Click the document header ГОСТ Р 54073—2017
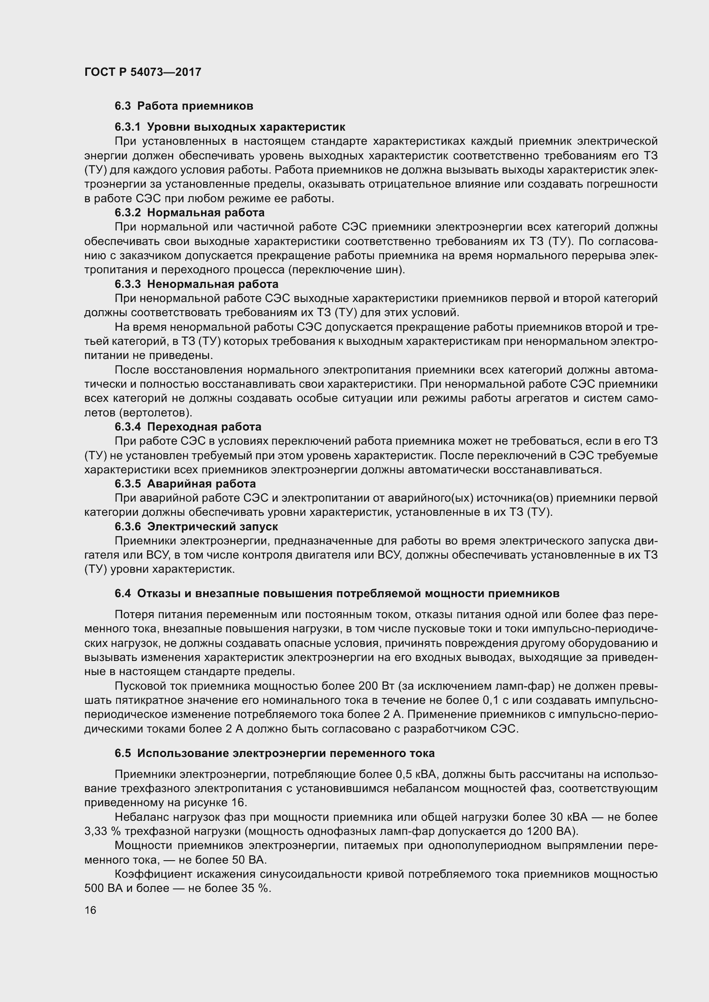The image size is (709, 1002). (x=143, y=72)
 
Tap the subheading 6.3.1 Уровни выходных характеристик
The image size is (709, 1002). (x=230, y=127)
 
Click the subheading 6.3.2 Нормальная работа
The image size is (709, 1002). (x=189, y=212)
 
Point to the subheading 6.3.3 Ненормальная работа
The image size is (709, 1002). (x=196, y=284)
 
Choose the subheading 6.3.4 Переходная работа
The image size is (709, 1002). (x=188, y=426)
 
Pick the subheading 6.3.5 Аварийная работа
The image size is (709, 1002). (x=185, y=484)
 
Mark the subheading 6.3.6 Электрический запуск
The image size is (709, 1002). (x=196, y=526)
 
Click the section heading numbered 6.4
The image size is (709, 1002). (x=336, y=593)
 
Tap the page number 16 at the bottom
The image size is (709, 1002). (x=90, y=910)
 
